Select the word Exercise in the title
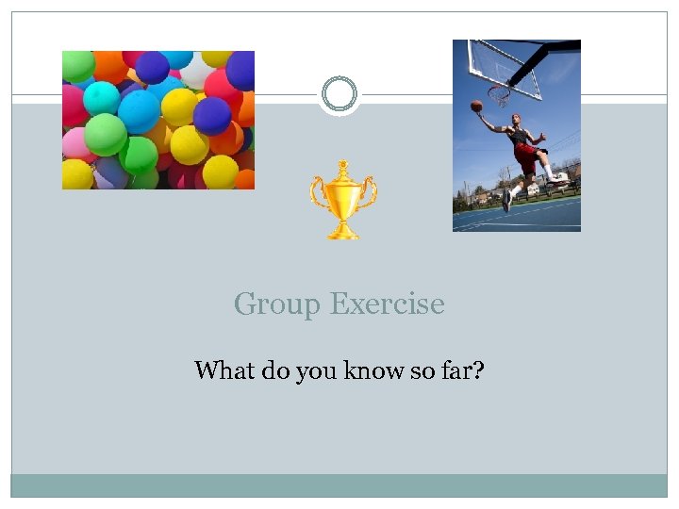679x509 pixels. click(x=388, y=304)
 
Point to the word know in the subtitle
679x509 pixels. click(x=374, y=370)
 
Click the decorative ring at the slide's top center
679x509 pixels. click(x=339, y=94)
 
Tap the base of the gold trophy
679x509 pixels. click(x=343, y=234)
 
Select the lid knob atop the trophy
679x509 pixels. click(x=343, y=164)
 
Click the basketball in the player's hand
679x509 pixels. click(x=476, y=106)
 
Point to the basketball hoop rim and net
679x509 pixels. click(x=498, y=95)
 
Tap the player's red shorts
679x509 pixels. click(x=524, y=154)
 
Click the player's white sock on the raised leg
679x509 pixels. click(x=551, y=172)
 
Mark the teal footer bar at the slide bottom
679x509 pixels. click(x=339, y=484)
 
